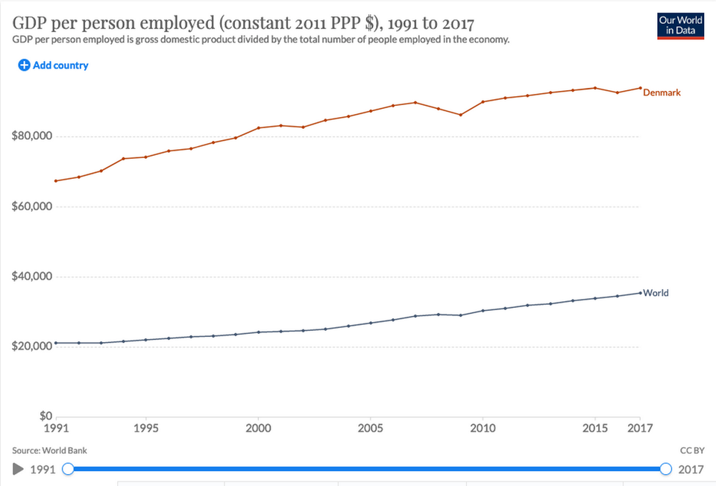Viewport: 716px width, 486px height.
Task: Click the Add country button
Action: pyautogui.click(x=53, y=66)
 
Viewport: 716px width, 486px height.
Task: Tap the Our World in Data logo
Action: pyautogui.click(x=680, y=26)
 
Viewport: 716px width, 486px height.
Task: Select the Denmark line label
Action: pyautogui.click(x=662, y=92)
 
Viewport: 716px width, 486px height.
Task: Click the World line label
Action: pyautogui.click(x=656, y=293)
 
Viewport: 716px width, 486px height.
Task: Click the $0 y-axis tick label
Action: pyautogui.click(x=45, y=417)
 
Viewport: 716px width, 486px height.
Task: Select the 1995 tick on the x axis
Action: pyautogui.click(x=145, y=429)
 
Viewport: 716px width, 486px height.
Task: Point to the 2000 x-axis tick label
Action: pyautogui.click(x=258, y=429)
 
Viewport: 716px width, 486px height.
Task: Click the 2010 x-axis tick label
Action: pyautogui.click(x=483, y=429)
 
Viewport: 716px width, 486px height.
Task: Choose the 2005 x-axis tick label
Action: pyautogui.click(x=370, y=429)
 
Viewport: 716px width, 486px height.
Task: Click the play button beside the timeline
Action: pyautogui.click(x=19, y=469)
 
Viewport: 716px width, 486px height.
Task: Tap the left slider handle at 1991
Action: pyautogui.click(x=68, y=469)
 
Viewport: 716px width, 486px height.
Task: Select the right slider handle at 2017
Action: pyautogui.click(x=666, y=469)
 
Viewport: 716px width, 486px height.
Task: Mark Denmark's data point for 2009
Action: pyautogui.click(x=460, y=115)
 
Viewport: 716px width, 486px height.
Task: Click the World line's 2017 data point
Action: pyautogui.click(x=639, y=292)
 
